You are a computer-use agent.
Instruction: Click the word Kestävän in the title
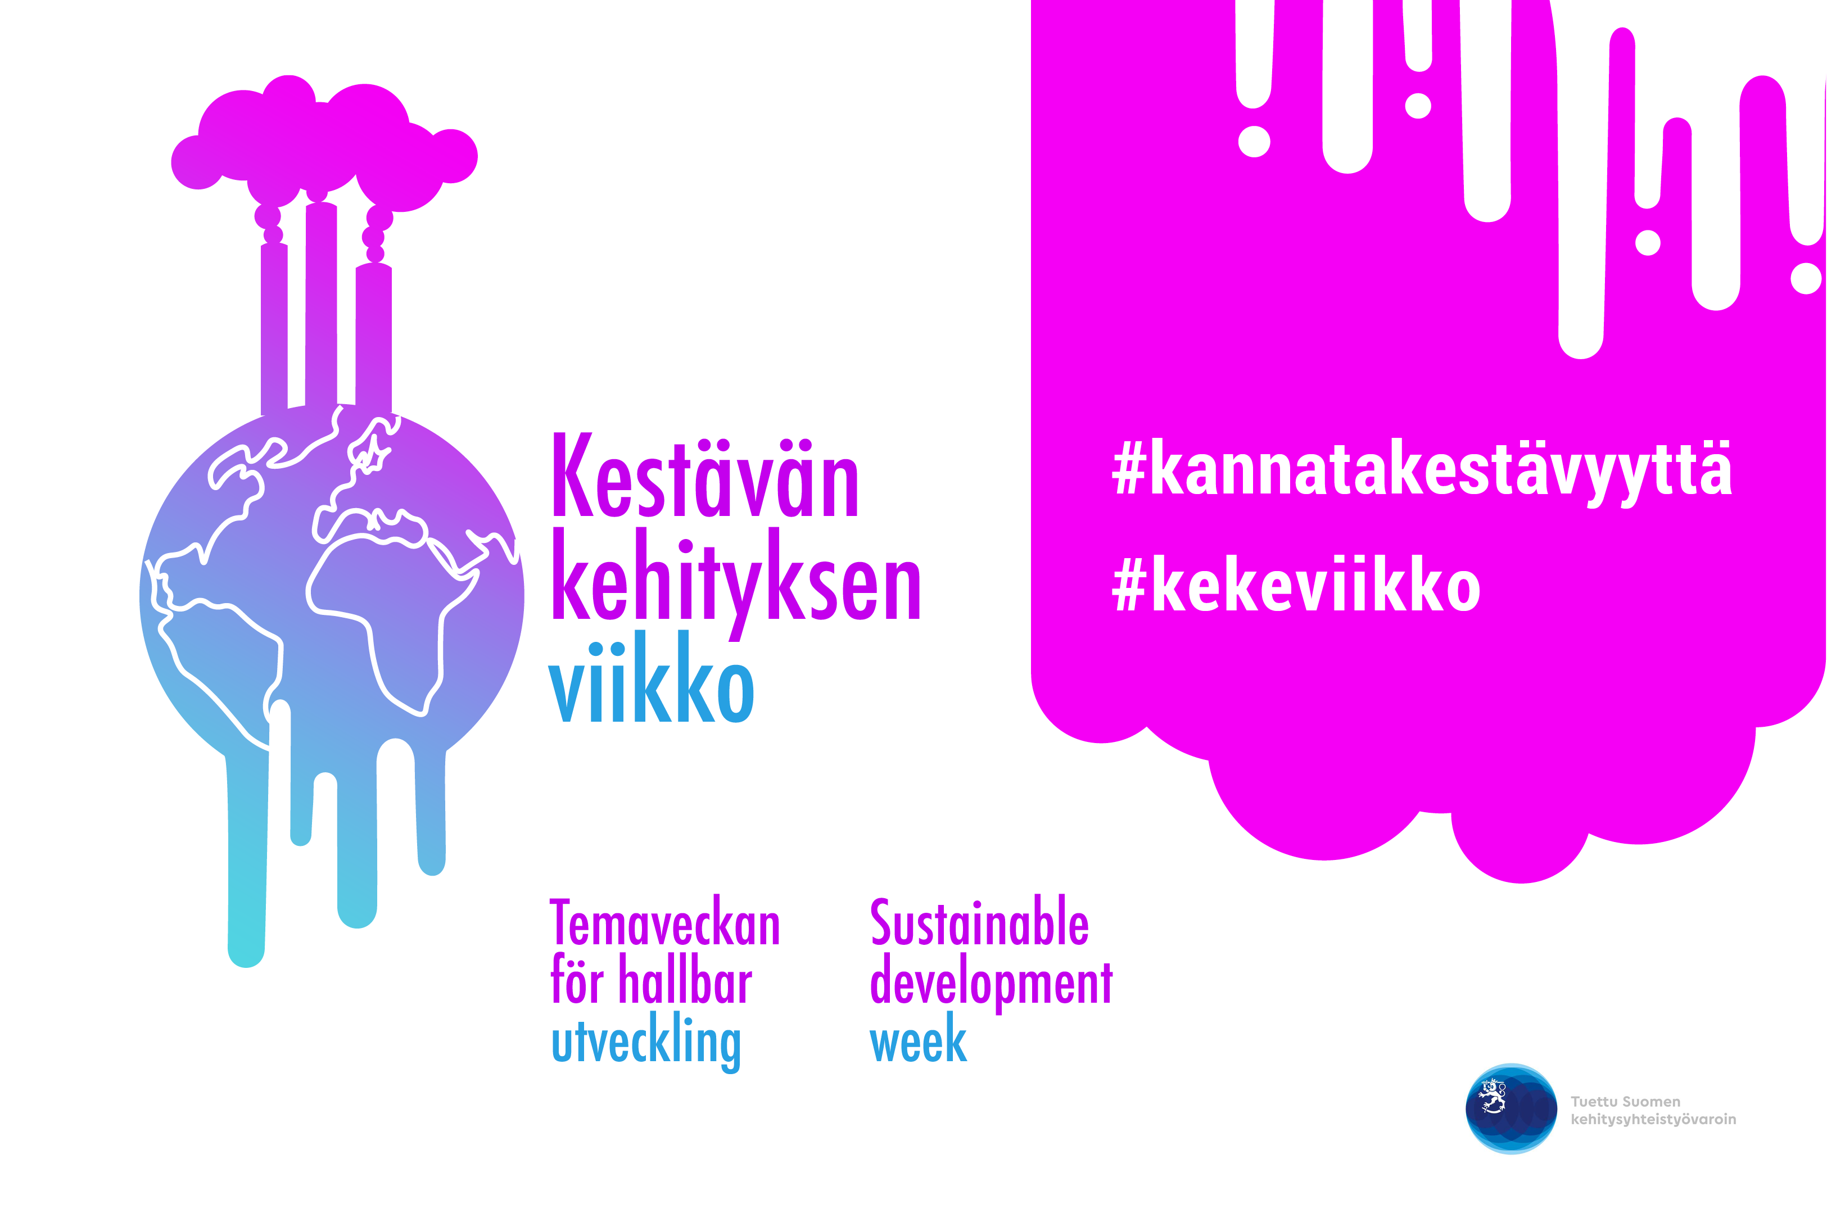[706, 476]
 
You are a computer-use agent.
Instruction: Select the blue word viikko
[651, 677]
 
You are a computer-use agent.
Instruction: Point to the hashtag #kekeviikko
[1296, 584]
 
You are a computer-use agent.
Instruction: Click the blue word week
[918, 1039]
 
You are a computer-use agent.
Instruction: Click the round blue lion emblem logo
[1511, 1108]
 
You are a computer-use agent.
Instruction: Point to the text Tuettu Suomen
[1625, 1102]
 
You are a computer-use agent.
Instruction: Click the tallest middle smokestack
[321, 305]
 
